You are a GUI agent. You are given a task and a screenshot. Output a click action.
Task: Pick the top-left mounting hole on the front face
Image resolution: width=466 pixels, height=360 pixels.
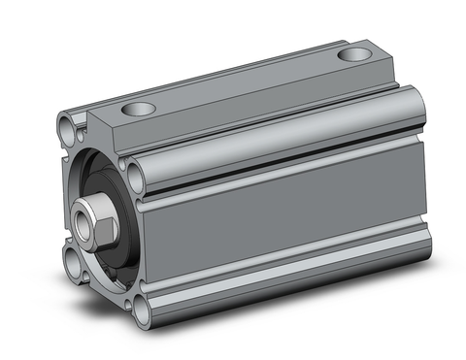68,124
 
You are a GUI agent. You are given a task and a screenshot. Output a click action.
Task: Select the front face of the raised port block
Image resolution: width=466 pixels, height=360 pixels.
107,131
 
